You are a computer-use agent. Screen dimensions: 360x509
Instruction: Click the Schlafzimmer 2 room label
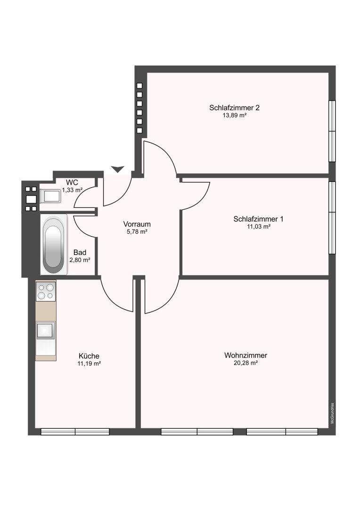[234, 108]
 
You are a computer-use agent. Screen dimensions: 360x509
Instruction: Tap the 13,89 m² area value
[234, 115]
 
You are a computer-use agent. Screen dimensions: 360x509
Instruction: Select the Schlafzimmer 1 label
[258, 219]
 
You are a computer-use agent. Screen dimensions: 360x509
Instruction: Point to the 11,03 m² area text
[259, 227]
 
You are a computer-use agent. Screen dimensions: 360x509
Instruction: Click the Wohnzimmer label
[246, 355]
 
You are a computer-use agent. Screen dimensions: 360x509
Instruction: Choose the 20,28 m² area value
[246, 363]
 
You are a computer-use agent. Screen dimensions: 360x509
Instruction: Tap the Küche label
[89, 356]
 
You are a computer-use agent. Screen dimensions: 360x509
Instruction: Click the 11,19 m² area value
[89, 363]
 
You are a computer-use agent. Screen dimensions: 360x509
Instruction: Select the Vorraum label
[137, 224]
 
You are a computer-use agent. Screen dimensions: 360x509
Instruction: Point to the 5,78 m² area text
[137, 231]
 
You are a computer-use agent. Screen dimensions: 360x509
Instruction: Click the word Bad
[80, 252]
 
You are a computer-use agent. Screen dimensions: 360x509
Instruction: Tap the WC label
[72, 182]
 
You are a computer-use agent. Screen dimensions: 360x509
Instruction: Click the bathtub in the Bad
[54, 245]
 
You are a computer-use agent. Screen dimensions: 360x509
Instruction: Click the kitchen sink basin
[45, 330]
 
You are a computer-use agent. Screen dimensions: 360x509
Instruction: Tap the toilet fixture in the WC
[50, 196]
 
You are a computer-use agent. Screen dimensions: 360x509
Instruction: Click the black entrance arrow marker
[117, 169]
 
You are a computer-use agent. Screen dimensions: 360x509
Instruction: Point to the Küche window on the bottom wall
[75, 432]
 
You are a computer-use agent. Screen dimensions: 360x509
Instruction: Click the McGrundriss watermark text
[332, 413]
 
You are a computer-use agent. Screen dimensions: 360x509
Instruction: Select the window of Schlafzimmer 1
[332, 217]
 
